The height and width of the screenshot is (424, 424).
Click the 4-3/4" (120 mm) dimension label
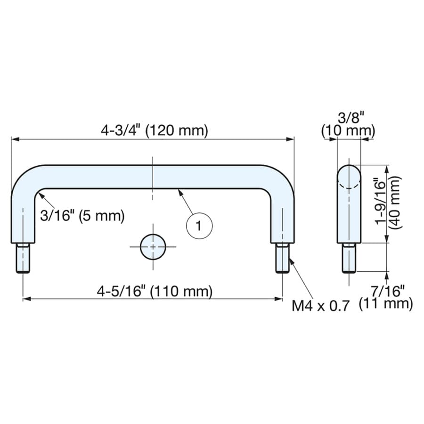click(x=155, y=130)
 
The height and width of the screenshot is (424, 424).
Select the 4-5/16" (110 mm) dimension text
click(x=155, y=292)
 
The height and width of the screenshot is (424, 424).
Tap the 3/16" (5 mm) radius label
click(x=82, y=216)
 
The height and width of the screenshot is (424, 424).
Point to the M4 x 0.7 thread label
click(x=321, y=306)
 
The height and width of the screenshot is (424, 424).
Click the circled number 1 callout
click(x=199, y=226)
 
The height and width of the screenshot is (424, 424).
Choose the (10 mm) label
click(x=348, y=131)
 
